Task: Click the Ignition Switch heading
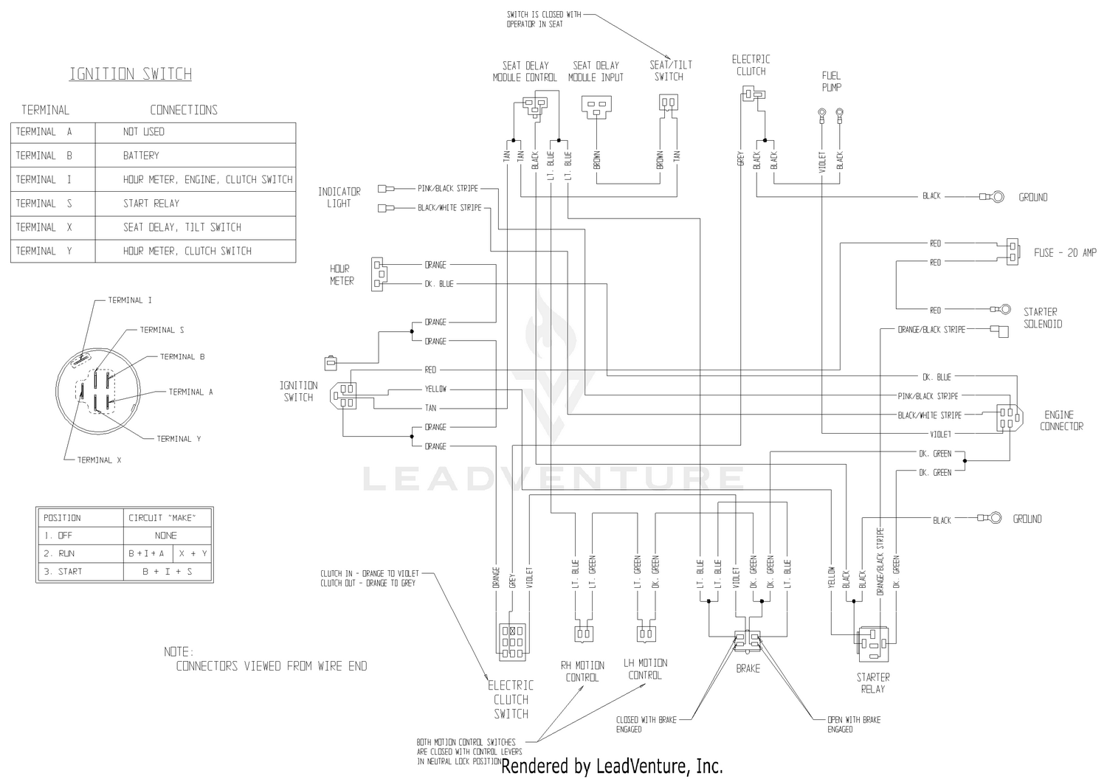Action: tap(131, 74)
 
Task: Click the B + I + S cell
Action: tap(168, 572)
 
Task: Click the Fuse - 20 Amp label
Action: tap(1065, 253)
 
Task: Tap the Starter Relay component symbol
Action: tap(873, 644)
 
